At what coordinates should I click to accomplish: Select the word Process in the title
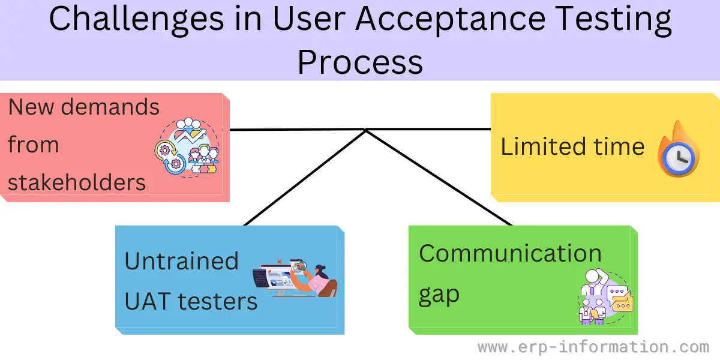pos(360,61)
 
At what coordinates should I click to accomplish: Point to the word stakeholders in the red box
pos(77,182)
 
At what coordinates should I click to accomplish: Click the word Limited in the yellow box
pos(543,147)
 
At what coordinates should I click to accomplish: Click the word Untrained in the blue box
pos(181,262)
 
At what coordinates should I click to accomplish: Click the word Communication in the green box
pos(510,253)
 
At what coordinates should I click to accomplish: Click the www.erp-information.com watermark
pos(593,347)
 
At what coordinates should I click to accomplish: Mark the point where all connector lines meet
pos(365,130)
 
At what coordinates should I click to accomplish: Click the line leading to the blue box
pos(305,178)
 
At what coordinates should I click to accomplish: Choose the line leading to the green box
pos(439,178)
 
